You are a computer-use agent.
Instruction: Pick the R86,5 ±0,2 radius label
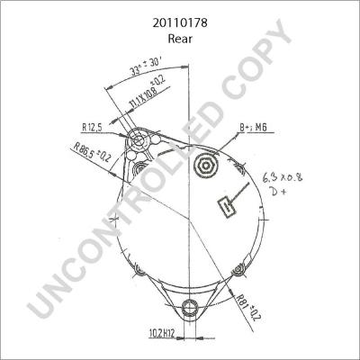point(94,154)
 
